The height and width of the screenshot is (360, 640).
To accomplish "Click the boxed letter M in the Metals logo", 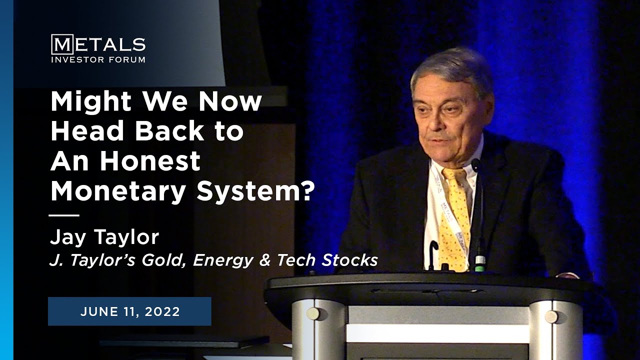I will click(62, 44).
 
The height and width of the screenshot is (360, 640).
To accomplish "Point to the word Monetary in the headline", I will click(119, 191).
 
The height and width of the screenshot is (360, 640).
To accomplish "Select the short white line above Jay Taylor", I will click(64, 215).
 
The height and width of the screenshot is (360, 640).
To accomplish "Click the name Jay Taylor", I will click(104, 237).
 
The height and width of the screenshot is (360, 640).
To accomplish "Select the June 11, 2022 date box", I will click(129, 311).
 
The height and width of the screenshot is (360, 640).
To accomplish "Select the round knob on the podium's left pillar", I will click(313, 313).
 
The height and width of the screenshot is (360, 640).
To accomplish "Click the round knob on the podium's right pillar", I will click(551, 316).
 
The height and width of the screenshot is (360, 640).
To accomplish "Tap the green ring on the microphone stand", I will click(480, 260).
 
